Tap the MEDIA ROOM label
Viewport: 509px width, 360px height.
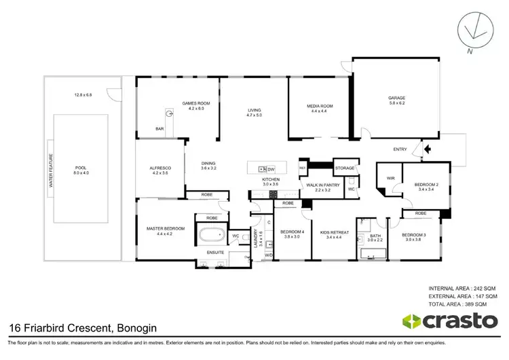point(322,106)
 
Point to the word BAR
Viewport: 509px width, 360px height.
point(159,128)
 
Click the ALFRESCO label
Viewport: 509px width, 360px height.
point(161,168)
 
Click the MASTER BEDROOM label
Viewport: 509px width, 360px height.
point(165,228)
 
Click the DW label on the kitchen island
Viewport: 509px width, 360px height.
point(271,169)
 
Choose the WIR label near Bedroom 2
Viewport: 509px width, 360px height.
point(390,177)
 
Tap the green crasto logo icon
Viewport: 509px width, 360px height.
point(412,320)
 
